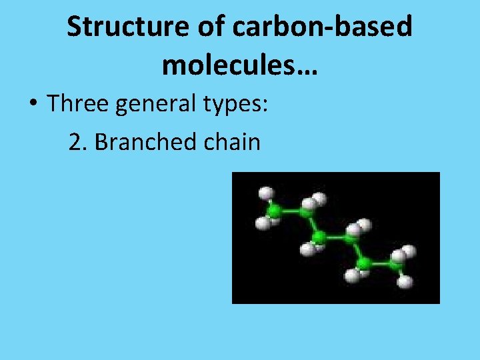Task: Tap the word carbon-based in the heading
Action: coord(333,27)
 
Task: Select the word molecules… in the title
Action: coord(239,65)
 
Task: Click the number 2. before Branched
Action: coord(78,141)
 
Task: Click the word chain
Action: coord(233,141)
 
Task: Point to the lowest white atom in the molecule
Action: coord(405,282)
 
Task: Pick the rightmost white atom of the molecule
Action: coord(409,251)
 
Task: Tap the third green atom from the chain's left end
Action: coord(319,237)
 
